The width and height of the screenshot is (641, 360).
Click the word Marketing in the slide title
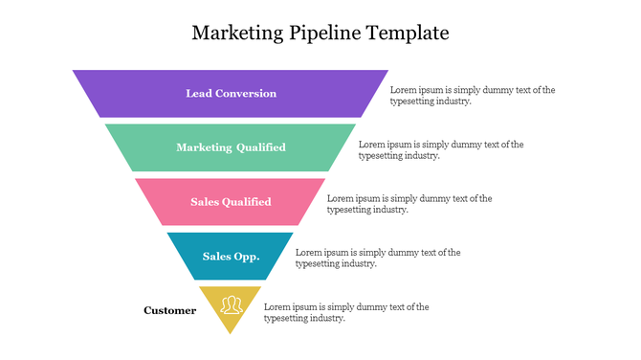[x=235, y=34]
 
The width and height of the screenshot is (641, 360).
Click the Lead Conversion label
[x=231, y=94]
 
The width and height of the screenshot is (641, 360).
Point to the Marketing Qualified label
[x=231, y=147]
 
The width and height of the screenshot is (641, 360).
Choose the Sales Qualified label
[x=231, y=202]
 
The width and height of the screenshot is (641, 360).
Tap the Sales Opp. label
[x=231, y=257]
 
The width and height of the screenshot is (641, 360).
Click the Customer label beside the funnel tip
[x=170, y=310]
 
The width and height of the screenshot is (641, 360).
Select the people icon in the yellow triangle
[x=231, y=305]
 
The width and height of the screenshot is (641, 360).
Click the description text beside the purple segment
[x=472, y=95]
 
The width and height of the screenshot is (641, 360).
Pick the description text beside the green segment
[x=440, y=149]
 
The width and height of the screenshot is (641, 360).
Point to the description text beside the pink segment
[x=409, y=204]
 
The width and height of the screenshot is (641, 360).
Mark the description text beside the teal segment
[x=377, y=258]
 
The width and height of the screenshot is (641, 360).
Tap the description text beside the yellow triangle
[x=345, y=312]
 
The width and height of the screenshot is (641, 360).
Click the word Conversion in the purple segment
[x=246, y=94]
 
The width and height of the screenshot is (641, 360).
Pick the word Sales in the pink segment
[x=205, y=202]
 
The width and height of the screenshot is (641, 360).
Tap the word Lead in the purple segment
[x=198, y=94]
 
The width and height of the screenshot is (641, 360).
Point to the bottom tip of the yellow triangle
[x=231, y=332]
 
